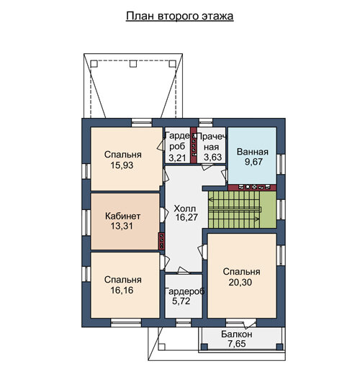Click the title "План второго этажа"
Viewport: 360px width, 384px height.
tap(179, 16)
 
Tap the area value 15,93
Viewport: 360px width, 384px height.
tap(122, 165)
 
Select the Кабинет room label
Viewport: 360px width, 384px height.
tap(122, 216)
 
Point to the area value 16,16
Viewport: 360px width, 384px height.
tap(122, 291)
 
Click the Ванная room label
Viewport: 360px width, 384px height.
tap(252, 152)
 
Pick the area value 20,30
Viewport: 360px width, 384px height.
tap(240, 283)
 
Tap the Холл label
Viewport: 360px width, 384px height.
tap(185, 209)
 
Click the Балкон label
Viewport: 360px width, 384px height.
tap(237, 334)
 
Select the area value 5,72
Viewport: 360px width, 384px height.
tap(181, 301)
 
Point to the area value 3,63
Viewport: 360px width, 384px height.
tap(212, 157)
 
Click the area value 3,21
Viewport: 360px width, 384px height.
tap(177, 158)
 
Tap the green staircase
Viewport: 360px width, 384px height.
tap(242, 210)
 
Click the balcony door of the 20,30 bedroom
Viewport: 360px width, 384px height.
tap(250, 324)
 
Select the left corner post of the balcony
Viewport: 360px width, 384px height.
tap(204, 347)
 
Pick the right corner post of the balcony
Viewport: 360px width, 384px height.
tap(279, 347)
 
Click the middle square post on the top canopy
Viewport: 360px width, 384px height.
tap(133, 64)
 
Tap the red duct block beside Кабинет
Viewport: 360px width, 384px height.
tap(161, 241)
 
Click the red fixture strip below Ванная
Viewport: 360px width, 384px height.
tap(252, 188)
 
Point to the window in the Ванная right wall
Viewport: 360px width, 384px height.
tap(281, 165)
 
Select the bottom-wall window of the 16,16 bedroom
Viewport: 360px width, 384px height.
tap(126, 323)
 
